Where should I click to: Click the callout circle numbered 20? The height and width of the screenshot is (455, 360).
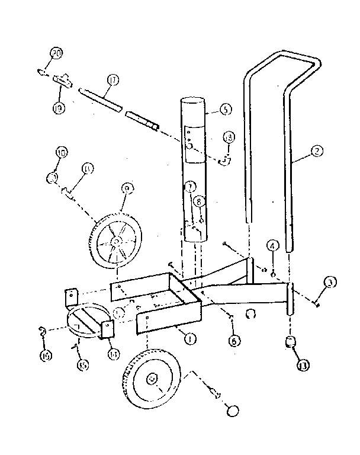[x=56, y=54]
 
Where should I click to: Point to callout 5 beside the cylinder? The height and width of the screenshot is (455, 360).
[x=224, y=109]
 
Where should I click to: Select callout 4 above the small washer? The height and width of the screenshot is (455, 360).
[x=272, y=245]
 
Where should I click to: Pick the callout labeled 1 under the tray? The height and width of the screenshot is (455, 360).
[x=191, y=339]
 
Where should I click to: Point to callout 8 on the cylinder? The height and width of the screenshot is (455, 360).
[x=200, y=202]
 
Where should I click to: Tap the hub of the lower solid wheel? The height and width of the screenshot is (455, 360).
[x=152, y=377]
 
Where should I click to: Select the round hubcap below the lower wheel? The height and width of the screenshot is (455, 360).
[x=233, y=411]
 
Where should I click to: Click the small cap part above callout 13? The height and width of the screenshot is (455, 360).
[x=290, y=342]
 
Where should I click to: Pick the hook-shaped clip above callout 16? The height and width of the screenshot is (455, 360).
[x=43, y=330]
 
